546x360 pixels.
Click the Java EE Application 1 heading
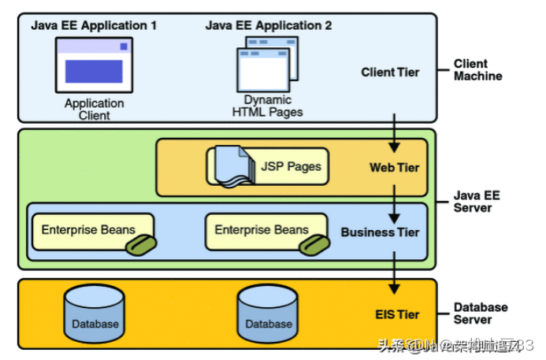[x=94, y=25]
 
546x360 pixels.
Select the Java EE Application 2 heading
[x=269, y=25]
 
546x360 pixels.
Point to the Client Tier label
[x=390, y=72]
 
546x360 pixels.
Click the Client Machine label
[x=477, y=70]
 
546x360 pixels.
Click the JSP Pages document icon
[x=231, y=167]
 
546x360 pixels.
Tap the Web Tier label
[x=394, y=168]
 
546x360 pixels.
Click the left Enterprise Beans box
[x=88, y=231]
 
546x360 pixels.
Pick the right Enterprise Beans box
[x=262, y=231]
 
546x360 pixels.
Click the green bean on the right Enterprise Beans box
[x=312, y=247]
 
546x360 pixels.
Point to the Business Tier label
[x=380, y=232]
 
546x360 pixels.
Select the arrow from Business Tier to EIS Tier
[x=395, y=273]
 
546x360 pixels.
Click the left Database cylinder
[x=95, y=313]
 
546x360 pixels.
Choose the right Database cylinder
[x=268, y=313]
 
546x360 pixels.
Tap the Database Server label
[x=481, y=313]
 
